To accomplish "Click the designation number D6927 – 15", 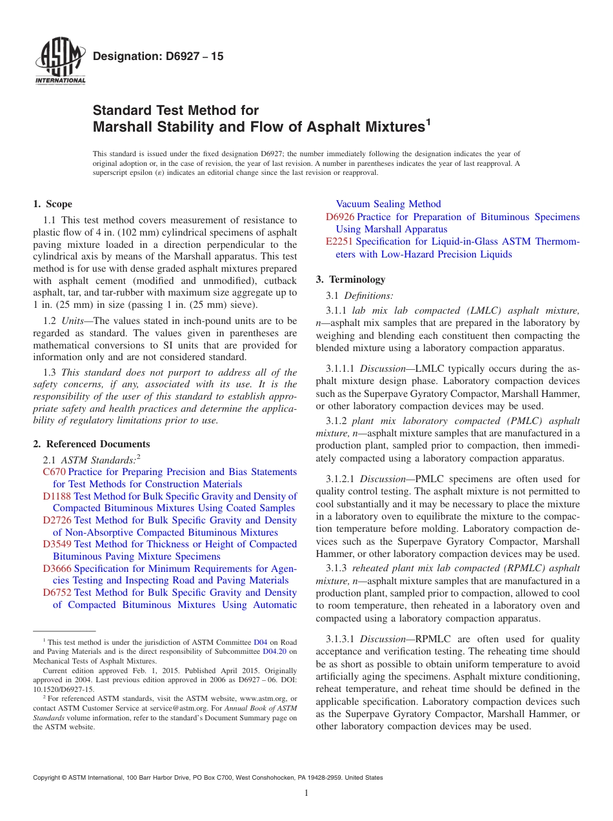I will (x=158, y=56).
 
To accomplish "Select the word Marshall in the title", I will (x=123, y=127).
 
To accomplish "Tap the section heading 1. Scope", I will (x=52, y=204).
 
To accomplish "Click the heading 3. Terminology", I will (x=350, y=279).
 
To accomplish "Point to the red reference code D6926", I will (x=340, y=217).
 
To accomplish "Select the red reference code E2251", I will (x=339, y=241).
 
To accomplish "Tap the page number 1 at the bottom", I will (x=306, y=793).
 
